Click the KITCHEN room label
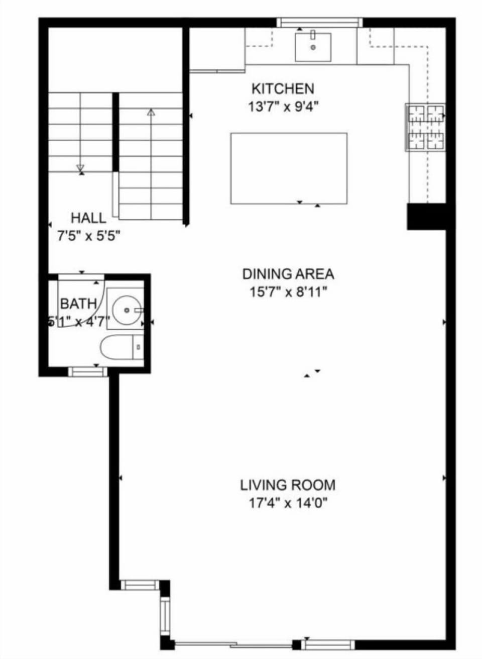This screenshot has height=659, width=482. pos(283,89)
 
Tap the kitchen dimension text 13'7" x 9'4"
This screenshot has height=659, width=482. pos(283,107)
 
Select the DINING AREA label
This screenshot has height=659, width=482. pos(288,274)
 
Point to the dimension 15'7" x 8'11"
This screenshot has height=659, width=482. pos(288,292)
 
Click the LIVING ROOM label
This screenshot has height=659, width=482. pos(288,485)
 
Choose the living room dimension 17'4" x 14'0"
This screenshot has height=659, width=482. pos(288,503)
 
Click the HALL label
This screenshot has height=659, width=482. pos(88,218)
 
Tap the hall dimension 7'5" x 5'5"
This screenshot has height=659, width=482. pos(88,236)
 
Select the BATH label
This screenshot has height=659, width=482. pos(78,304)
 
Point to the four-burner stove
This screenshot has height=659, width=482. pos(426,127)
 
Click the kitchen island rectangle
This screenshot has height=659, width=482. pos(289,168)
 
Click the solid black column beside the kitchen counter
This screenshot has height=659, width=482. pos(426,216)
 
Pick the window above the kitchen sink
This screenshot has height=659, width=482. pos(319,22)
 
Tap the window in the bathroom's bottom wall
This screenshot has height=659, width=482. pos(88,371)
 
